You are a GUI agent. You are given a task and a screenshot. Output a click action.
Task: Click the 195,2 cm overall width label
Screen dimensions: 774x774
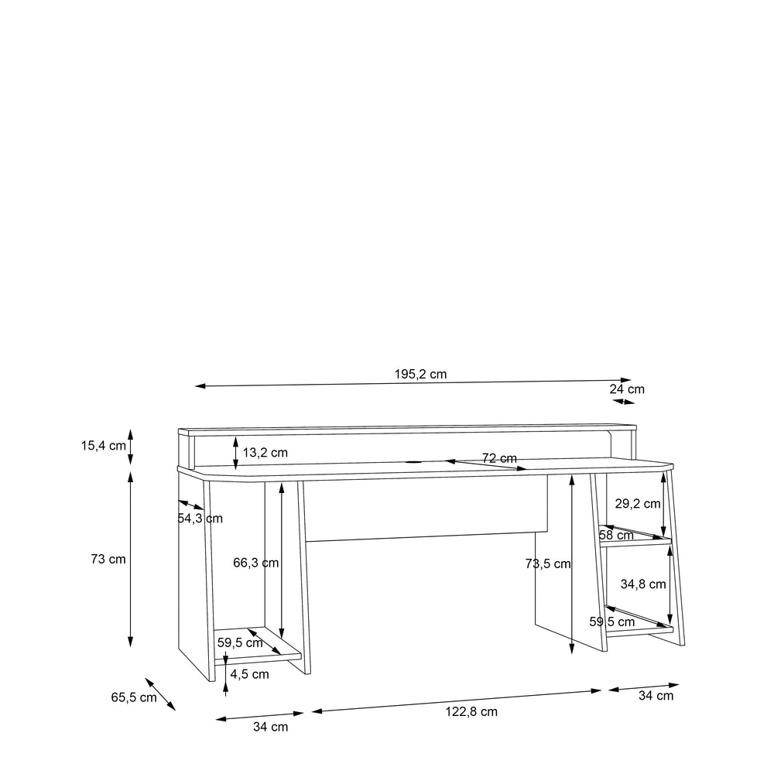coord(420,374)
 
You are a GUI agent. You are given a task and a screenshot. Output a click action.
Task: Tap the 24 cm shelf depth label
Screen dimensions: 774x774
coord(627,389)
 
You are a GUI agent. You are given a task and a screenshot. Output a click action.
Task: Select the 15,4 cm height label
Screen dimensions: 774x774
coord(104,446)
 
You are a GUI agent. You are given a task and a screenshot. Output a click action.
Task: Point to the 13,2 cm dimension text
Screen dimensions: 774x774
coord(265,453)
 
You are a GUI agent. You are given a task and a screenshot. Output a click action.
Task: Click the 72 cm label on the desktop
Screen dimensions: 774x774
coord(499,458)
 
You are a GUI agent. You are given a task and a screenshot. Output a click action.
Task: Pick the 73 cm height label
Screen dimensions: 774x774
coord(108,560)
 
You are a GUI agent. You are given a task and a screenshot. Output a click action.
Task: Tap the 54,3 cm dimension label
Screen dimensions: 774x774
coord(200,519)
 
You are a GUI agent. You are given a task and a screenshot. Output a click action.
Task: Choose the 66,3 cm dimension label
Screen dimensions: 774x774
coord(255,563)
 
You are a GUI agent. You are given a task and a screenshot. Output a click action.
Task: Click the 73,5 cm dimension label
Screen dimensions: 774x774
coord(548,563)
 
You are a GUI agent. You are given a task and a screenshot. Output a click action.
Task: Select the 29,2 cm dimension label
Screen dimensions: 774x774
coord(638,504)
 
